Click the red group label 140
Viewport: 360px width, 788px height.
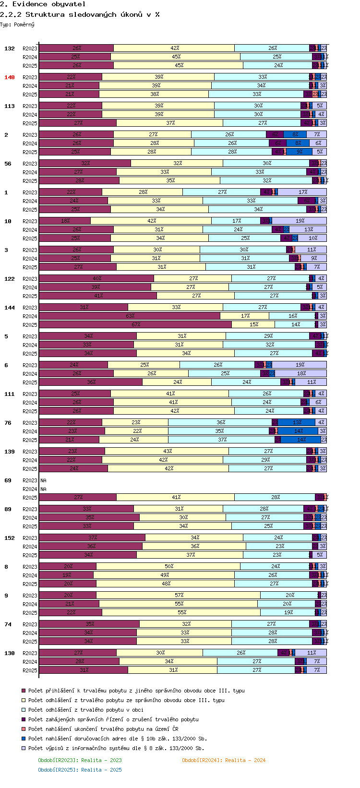[10, 77]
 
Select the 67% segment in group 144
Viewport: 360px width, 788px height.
[135, 325]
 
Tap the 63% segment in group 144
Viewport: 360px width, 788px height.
[130, 316]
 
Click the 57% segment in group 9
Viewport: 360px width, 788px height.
[179, 596]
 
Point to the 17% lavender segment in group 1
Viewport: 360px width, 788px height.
[302, 192]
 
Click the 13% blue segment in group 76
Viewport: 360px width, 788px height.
[297, 423]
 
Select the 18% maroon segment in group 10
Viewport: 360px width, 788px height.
[65, 221]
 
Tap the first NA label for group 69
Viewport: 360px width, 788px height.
[43, 480]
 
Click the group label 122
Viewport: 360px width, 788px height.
[10, 279]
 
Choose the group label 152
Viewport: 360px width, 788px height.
[10, 538]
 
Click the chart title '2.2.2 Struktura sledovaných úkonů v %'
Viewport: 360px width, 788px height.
[80, 14]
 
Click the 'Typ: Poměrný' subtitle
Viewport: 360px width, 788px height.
[17, 24]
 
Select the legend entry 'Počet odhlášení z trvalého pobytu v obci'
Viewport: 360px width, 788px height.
[85, 710]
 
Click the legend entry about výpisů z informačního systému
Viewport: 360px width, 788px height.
[116, 748]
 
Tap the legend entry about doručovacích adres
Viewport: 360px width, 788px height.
[118, 739]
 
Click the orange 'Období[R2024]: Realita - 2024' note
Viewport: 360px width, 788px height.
[224, 760]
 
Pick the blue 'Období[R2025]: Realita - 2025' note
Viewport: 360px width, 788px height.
[80, 770]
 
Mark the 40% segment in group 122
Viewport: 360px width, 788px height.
[96, 279]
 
